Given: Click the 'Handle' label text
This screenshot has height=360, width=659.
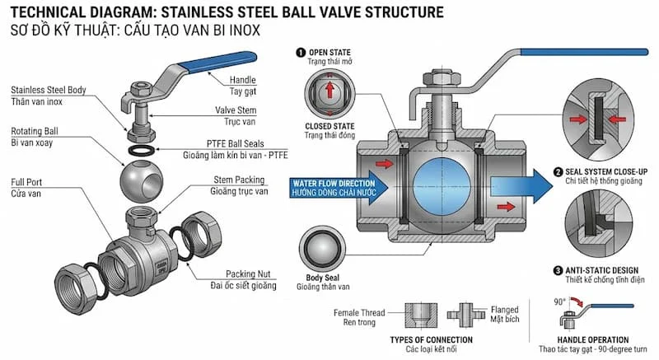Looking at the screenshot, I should [x=220, y=79].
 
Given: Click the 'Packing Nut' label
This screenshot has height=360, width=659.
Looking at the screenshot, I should [x=251, y=274].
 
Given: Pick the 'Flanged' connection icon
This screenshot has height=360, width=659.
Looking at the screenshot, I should [x=461, y=315].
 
